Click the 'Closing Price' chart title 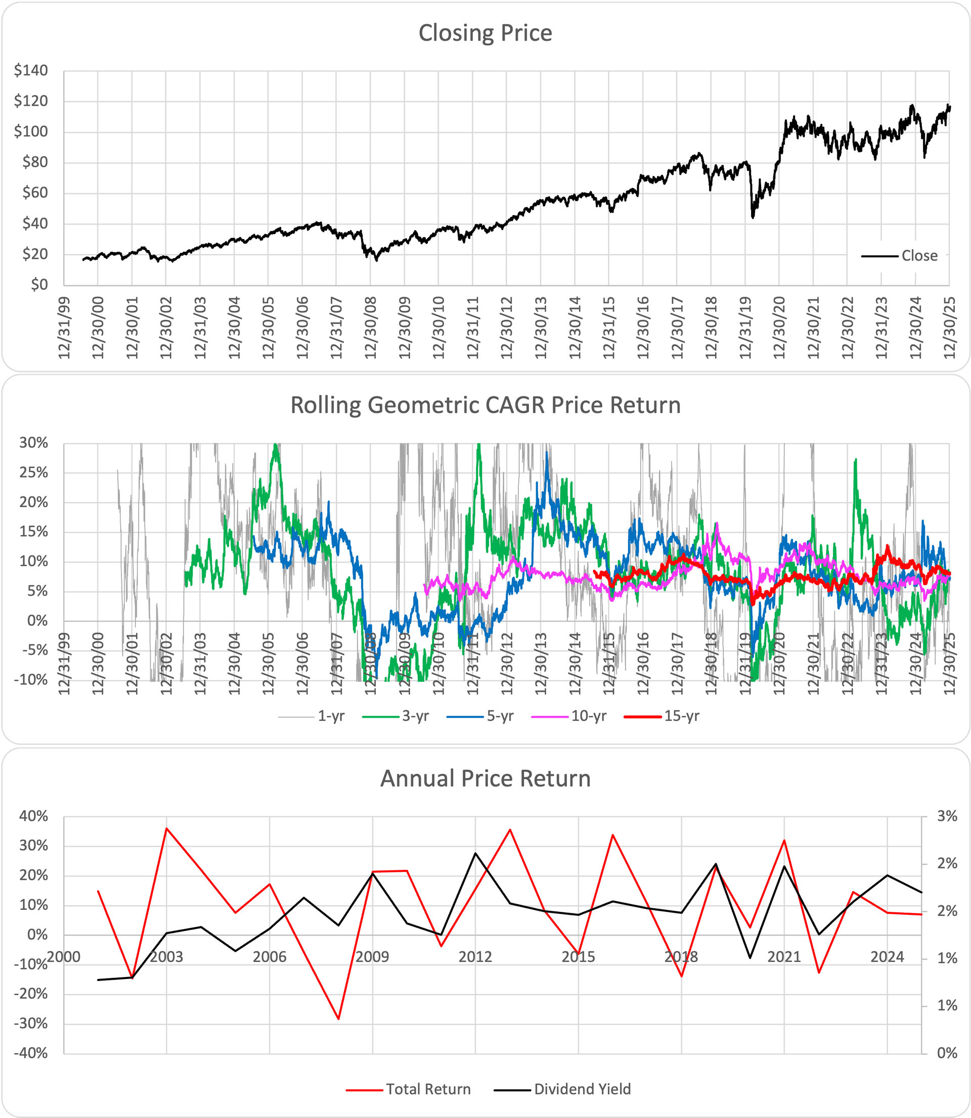click(485, 33)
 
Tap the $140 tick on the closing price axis click(31, 70)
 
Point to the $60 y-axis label click(35, 193)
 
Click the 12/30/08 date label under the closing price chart click(371, 327)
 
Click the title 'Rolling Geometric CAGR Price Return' click(485, 405)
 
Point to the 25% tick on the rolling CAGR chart click(33, 473)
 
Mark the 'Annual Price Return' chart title click(485, 778)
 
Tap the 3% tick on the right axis click(947, 816)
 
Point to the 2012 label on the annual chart click(475, 957)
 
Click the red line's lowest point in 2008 click(339, 1019)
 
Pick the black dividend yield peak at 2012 click(475, 853)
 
